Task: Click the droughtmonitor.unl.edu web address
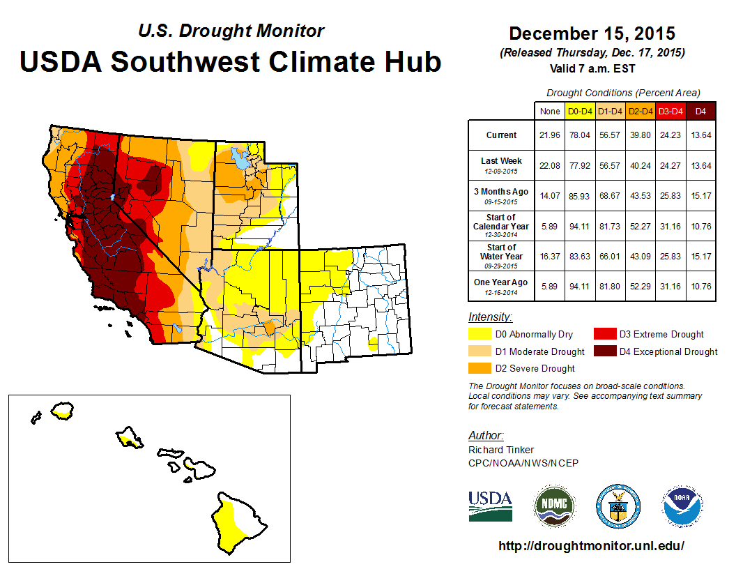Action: click(x=592, y=546)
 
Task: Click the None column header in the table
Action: click(x=549, y=111)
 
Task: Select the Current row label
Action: click(x=502, y=135)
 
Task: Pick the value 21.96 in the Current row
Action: click(x=549, y=135)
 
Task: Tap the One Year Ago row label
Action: click(x=502, y=282)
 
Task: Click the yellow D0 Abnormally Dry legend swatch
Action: click(x=480, y=335)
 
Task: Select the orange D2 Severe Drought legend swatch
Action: click(x=480, y=368)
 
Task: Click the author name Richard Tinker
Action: click(x=501, y=450)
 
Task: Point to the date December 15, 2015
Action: click(x=592, y=33)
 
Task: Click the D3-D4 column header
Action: click(x=670, y=111)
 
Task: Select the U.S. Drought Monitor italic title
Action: click(x=231, y=31)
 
